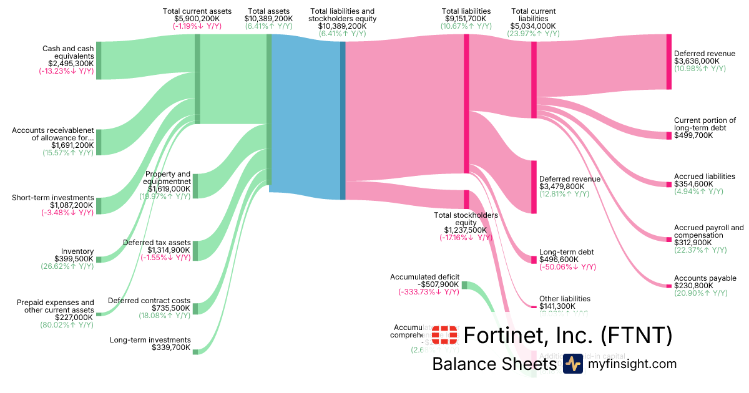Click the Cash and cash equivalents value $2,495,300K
click(71, 63)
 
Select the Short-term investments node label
click(52, 198)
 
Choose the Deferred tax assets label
click(156, 242)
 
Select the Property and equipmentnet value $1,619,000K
click(169, 188)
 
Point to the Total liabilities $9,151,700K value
click(466, 19)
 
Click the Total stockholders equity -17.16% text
click(466, 238)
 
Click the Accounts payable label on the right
click(705, 278)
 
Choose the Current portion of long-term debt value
click(693, 135)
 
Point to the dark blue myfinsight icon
click(572, 364)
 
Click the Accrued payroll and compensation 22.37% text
click(700, 250)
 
